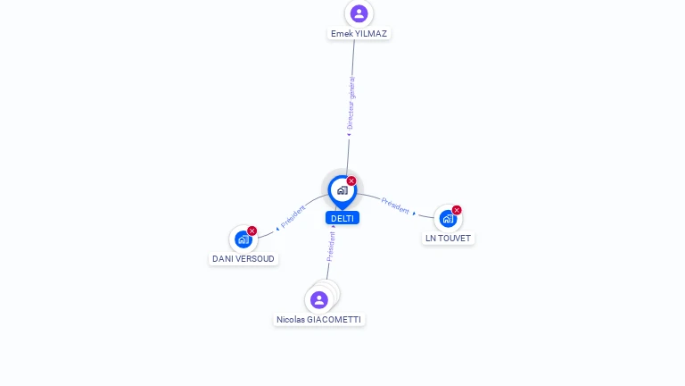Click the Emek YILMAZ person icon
(x=359, y=13)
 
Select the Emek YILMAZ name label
(x=359, y=34)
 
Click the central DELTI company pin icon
(x=342, y=190)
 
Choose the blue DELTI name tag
(x=342, y=218)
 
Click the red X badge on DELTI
(x=351, y=181)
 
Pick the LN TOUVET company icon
(x=448, y=219)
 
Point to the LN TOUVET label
(x=448, y=239)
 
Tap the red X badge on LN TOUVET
(x=457, y=211)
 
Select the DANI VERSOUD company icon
(x=243, y=239)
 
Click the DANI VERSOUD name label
(x=243, y=259)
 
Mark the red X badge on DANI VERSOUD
(x=252, y=231)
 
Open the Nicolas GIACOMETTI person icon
(x=319, y=299)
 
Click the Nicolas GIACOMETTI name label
(x=319, y=320)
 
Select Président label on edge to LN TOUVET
(x=395, y=205)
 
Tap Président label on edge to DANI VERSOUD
(x=293, y=215)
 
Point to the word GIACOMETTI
(x=334, y=320)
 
